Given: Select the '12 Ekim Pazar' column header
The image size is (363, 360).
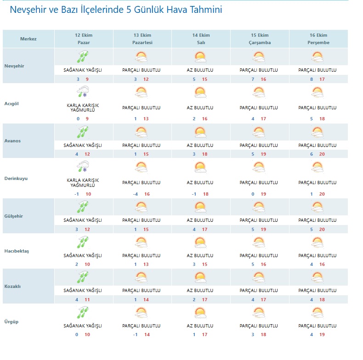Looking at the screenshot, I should click(83, 39).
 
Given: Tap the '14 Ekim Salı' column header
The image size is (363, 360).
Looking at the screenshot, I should click(201, 39).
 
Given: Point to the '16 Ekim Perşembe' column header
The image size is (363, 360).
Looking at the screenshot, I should click(318, 39).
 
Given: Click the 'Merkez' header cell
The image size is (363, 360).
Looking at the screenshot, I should click(28, 39).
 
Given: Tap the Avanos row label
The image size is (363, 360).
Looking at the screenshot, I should click(13, 141).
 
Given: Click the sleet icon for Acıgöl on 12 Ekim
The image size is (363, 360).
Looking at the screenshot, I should click(83, 93).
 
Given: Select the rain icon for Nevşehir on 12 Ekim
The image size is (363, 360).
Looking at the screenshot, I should click(83, 56).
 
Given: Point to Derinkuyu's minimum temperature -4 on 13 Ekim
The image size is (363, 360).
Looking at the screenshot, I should click(136, 194).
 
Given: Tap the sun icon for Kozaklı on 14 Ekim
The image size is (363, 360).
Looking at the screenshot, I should click(200, 277).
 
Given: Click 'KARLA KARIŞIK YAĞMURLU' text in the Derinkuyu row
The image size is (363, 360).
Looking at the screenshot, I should click(83, 183).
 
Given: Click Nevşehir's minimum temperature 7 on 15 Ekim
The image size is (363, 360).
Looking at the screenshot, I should click(253, 79).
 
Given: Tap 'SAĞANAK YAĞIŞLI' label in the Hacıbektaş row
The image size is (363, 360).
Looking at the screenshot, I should click(83, 255).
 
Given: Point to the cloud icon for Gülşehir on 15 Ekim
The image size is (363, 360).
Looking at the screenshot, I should click(259, 206).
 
